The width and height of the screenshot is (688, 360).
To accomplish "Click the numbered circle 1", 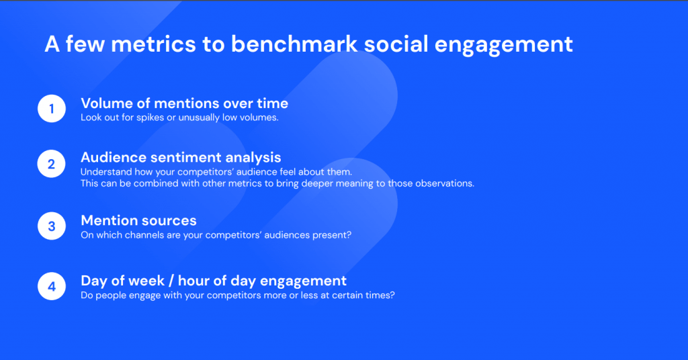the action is pos(52,108).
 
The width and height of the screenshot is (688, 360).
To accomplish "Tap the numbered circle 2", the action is pos(51,164).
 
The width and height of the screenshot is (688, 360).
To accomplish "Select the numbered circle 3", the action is pos(52,226).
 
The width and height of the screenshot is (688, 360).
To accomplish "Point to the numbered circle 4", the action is pos(52,286).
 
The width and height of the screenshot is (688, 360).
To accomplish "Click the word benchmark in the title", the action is pos(294,44).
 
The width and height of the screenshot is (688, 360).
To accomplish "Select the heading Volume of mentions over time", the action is pos(184,103).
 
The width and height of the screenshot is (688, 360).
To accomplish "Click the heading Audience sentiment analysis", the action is pos(181,157).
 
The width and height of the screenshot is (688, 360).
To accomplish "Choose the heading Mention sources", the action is pos(138,220).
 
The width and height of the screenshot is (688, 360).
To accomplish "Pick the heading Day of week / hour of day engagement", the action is pos(214,281).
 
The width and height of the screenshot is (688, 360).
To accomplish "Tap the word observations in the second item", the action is pos(445,183).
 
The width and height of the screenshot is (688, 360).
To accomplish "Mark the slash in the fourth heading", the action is pos(171,281).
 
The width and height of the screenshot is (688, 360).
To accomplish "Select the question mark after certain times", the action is pos(392,295).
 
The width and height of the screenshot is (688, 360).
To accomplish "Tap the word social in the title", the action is pos(396,44).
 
